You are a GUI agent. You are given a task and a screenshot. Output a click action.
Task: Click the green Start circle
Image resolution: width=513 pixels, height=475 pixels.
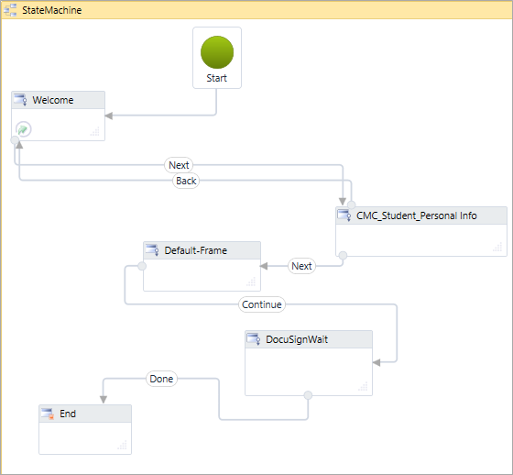(x=217, y=51)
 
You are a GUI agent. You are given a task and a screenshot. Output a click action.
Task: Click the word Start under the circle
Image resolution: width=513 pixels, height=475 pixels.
(x=217, y=78)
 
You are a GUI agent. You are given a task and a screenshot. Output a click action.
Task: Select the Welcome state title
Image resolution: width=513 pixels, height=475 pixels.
(x=52, y=100)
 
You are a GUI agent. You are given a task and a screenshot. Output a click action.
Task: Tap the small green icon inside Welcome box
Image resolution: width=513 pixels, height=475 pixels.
(x=24, y=129)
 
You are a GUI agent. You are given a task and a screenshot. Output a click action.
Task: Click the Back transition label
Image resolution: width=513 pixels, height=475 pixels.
(x=186, y=181)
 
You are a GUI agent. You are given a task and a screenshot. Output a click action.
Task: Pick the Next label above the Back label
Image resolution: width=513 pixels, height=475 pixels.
(x=179, y=165)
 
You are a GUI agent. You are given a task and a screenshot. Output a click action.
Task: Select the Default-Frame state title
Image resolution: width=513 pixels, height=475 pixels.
(x=195, y=250)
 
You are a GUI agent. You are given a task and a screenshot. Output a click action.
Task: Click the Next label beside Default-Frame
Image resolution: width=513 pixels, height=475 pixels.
(x=301, y=266)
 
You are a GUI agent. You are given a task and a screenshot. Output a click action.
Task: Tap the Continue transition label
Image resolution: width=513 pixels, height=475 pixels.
(x=262, y=304)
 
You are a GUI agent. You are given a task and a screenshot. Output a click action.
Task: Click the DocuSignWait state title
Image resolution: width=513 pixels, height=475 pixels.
(x=297, y=339)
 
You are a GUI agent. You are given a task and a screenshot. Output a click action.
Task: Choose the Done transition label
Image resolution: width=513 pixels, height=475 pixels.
(x=161, y=378)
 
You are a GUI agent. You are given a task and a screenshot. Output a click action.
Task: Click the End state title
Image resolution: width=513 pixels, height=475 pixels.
(x=68, y=414)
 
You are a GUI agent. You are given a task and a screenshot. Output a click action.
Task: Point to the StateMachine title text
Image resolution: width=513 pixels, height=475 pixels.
(x=51, y=10)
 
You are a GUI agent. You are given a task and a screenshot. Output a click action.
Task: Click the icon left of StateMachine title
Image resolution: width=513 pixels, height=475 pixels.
(x=11, y=10)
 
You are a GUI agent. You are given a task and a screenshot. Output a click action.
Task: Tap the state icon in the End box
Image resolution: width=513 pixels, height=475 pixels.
(x=48, y=414)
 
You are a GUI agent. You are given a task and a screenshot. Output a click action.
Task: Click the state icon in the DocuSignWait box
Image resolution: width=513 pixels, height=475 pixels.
(x=254, y=339)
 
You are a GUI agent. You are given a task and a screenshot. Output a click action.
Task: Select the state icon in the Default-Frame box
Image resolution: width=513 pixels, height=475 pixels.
(x=152, y=250)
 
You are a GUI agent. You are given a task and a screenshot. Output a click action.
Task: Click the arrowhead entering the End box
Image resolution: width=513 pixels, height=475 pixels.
(x=102, y=399)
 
